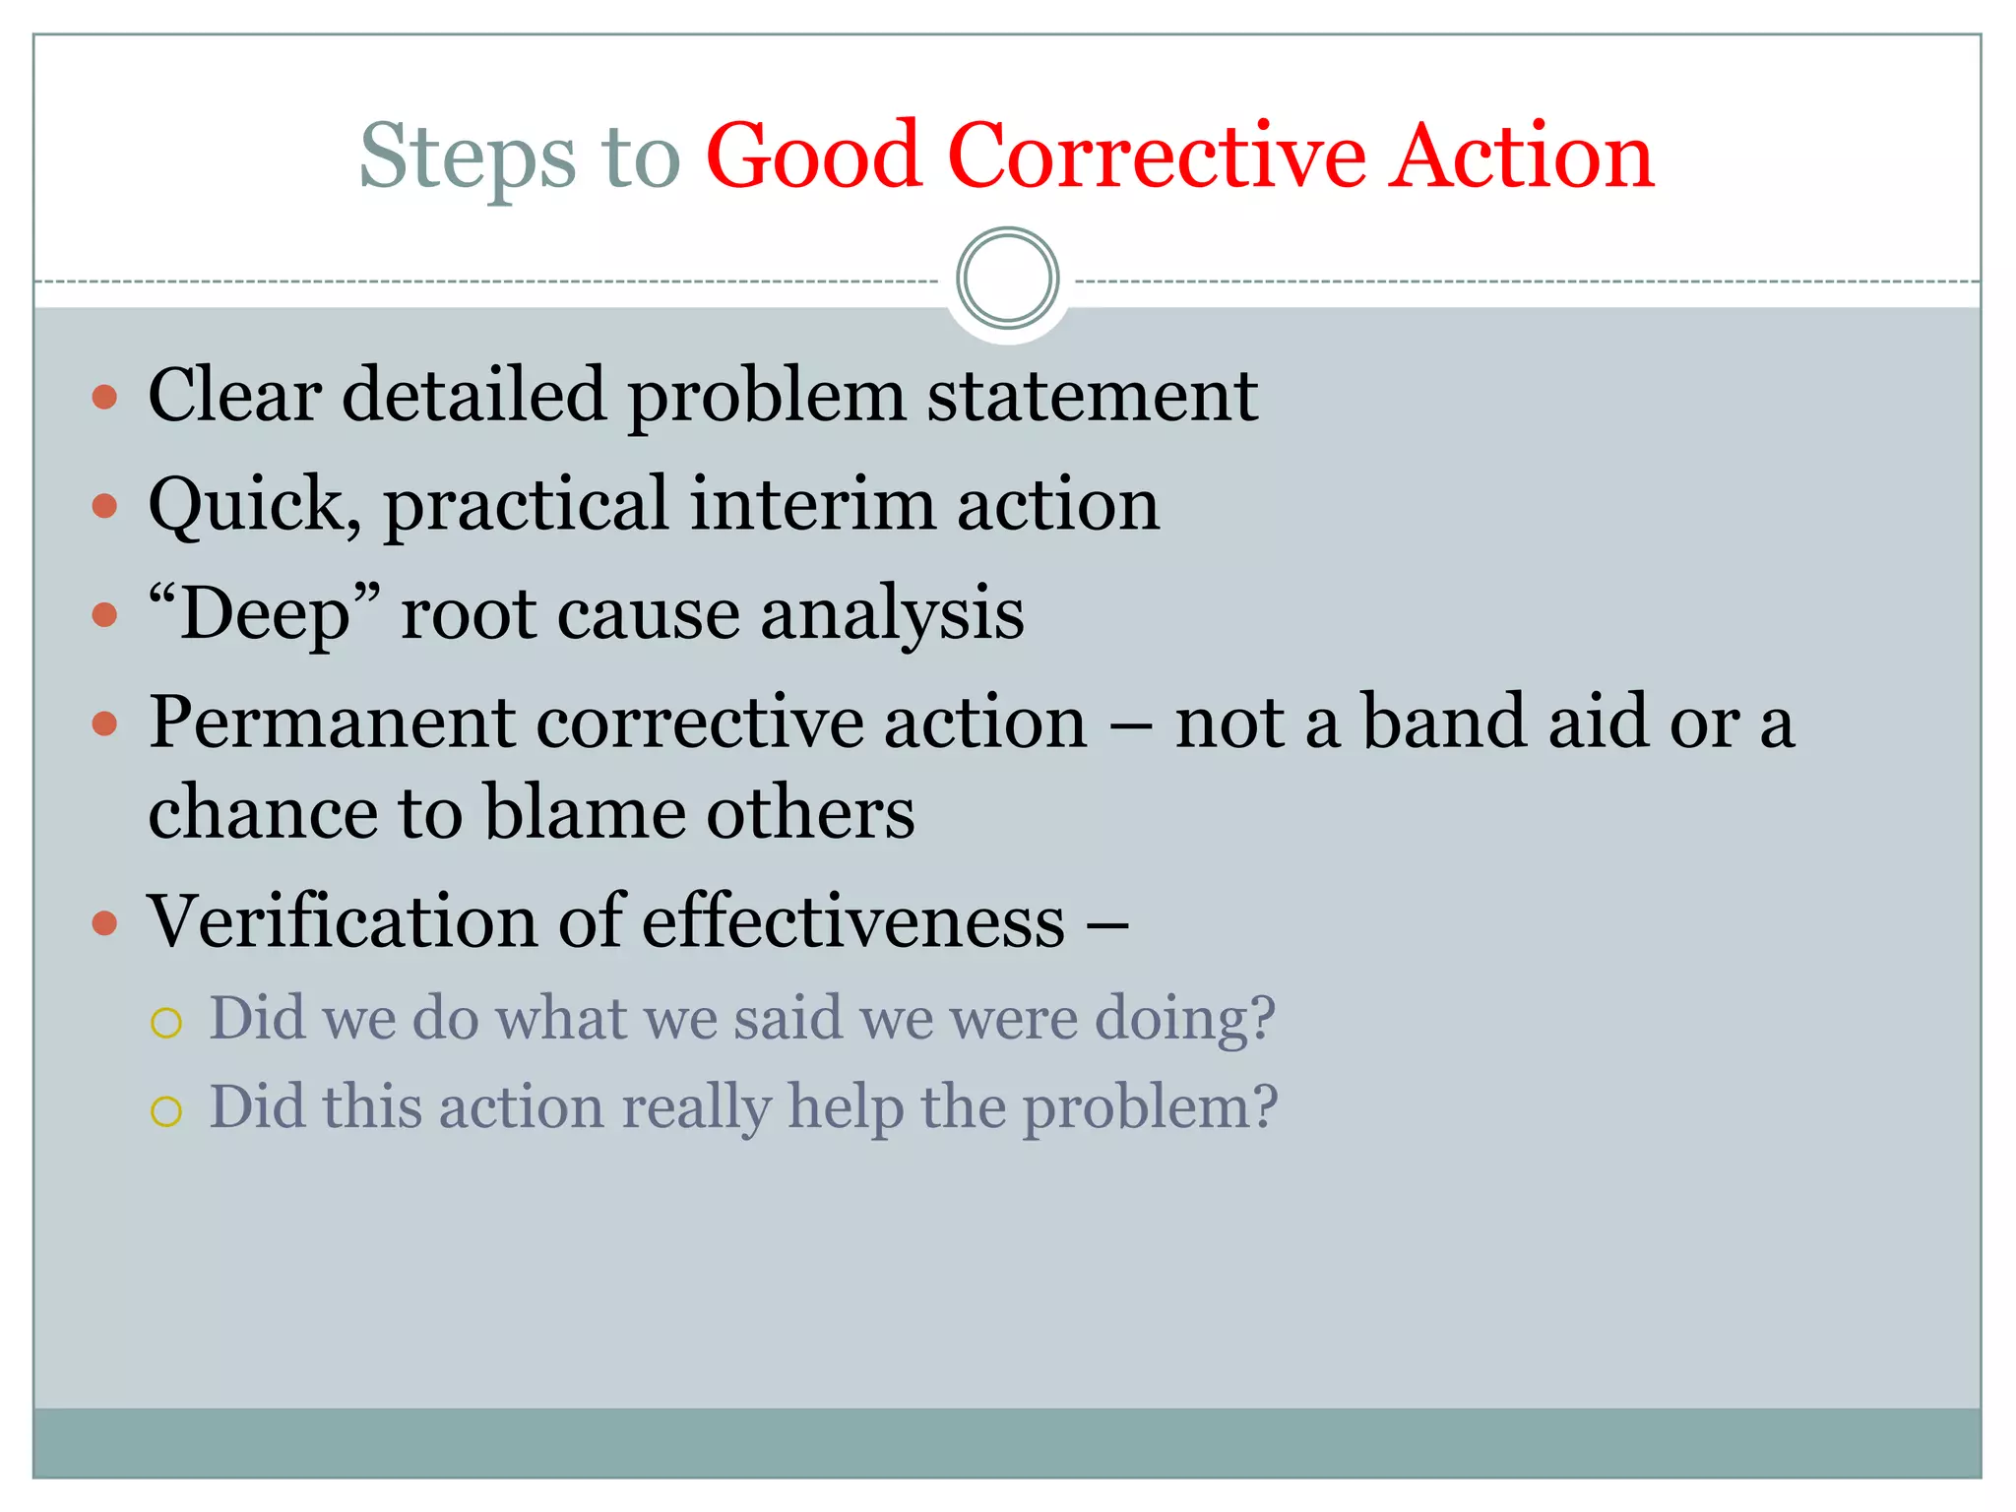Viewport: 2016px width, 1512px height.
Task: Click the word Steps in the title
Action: click(x=467, y=157)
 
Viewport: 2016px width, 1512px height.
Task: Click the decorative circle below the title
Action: click(x=1007, y=279)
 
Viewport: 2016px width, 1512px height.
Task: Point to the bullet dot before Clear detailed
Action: click(x=104, y=398)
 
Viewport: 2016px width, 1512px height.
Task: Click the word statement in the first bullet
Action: click(x=1092, y=396)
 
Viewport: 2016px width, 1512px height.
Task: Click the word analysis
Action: click(x=892, y=614)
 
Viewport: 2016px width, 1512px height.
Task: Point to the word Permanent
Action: click(x=331, y=723)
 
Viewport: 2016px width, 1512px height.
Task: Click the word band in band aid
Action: click(x=1445, y=723)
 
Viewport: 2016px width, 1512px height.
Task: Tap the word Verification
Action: click(x=342, y=922)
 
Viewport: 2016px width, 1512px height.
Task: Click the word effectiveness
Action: click(x=853, y=922)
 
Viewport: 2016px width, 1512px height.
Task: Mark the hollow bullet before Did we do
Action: click(x=166, y=1023)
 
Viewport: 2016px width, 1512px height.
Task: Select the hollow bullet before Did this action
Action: click(x=166, y=1111)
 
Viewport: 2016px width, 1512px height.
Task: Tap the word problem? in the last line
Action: click(x=1149, y=1108)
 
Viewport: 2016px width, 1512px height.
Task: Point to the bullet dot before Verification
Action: click(x=104, y=924)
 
